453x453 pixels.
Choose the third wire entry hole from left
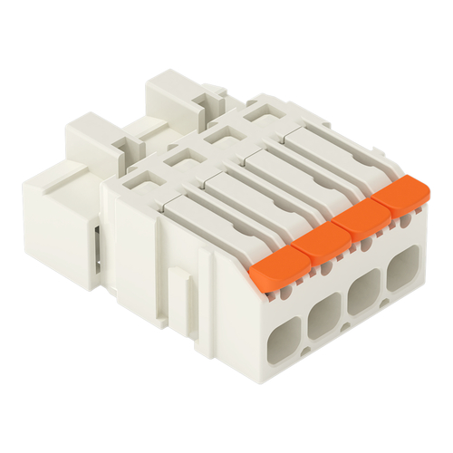pyautogui.click(x=361, y=294)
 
